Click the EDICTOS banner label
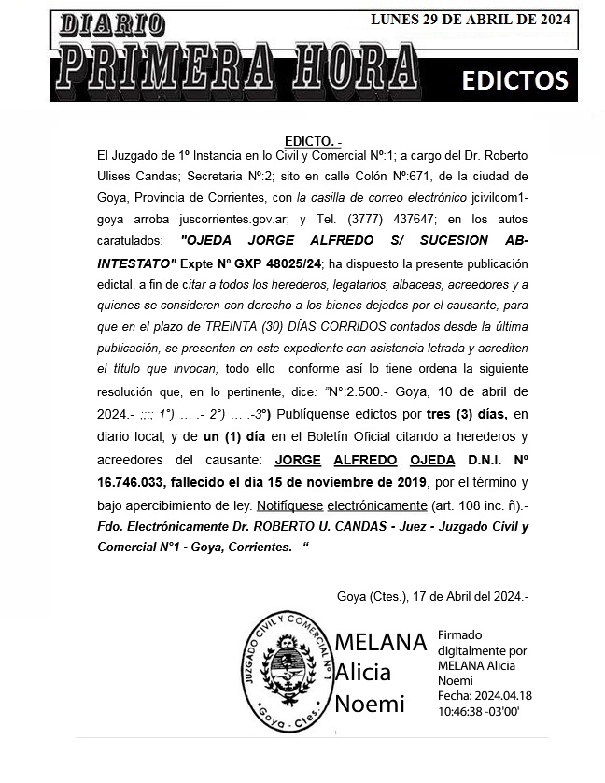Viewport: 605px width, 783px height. click(514, 80)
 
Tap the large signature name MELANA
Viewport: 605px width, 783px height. click(380, 643)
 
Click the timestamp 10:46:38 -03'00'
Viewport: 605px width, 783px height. click(478, 710)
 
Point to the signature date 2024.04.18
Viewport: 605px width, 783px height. click(503, 695)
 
